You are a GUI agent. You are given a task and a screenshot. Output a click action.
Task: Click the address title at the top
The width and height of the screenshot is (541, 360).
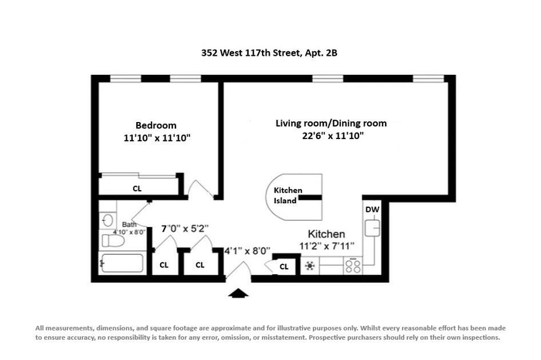click(269, 53)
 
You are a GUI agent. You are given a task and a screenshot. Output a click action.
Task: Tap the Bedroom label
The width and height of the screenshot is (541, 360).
click(155, 125)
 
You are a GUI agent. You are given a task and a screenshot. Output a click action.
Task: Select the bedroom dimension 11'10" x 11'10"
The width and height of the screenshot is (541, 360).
click(157, 138)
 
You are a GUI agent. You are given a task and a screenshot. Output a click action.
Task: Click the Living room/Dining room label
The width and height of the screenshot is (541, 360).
click(331, 123)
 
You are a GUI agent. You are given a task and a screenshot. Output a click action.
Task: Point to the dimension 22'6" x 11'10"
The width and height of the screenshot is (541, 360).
click(333, 135)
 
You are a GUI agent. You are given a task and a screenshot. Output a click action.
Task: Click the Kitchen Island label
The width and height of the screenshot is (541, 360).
click(288, 195)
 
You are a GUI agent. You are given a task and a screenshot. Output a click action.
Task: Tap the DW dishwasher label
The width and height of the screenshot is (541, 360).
click(373, 209)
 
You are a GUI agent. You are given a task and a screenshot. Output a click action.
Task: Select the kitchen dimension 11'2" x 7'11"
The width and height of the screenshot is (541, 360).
click(327, 246)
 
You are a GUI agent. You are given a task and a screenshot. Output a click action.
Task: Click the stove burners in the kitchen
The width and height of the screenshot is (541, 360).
click(353, 267)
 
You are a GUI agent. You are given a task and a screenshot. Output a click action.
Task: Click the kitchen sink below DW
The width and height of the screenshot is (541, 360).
click(373, 228)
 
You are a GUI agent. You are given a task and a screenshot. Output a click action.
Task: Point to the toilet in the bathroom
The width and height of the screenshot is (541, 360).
click(113, 240)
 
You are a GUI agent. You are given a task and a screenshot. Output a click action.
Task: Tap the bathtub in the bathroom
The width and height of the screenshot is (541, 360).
click(121, 263)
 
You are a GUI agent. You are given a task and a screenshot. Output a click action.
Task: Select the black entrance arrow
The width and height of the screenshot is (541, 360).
click(238, 293)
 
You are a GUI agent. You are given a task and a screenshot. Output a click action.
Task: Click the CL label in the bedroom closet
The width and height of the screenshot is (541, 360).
click(137, 188)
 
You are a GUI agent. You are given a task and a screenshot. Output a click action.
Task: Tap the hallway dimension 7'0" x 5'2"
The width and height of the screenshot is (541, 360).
click(185, 229)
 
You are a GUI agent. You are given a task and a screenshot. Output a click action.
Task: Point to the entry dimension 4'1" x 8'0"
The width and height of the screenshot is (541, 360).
click(247, 251)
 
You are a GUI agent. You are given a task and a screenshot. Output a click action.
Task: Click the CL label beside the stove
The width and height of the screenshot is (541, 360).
click(284, 267)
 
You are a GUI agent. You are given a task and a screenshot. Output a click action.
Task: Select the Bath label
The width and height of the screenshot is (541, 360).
click(129, 225)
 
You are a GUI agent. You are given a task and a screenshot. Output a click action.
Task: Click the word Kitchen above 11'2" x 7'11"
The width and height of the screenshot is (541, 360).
click(326, 234)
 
